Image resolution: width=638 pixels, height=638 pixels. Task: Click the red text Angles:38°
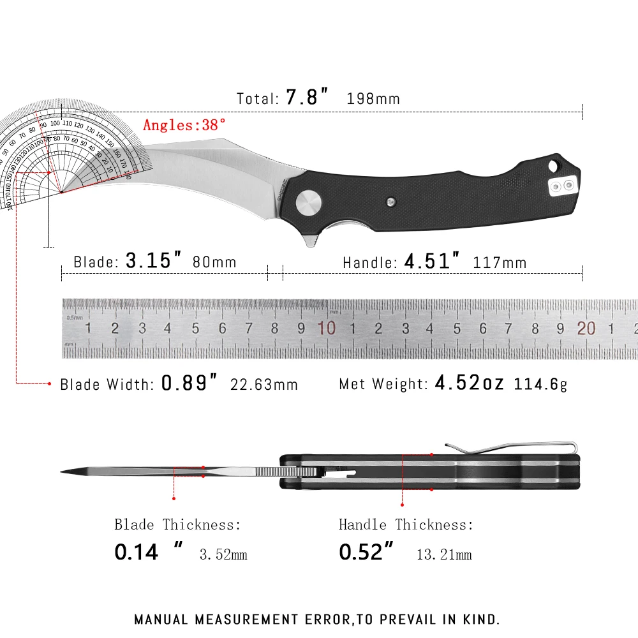click(184, 124)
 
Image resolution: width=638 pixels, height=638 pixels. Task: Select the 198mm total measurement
click(373, 99)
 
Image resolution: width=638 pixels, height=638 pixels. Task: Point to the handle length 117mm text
click(500, 262)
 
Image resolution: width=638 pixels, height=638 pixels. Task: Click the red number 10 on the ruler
click(327, 328)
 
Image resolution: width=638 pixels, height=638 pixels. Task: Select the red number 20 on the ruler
click(586, 328)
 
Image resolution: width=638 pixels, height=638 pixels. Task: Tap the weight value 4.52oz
click(470, 383)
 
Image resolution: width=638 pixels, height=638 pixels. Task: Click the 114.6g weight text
click(540, 384)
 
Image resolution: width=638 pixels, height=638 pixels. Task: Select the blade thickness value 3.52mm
click(223, 554)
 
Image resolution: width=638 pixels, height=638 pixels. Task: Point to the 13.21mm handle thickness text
click(444, 554)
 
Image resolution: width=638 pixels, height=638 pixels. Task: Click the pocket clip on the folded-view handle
click(510, 444)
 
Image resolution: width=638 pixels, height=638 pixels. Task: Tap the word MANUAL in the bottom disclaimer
click(161, 619)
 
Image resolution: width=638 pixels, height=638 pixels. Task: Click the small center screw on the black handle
click(392, 202)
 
